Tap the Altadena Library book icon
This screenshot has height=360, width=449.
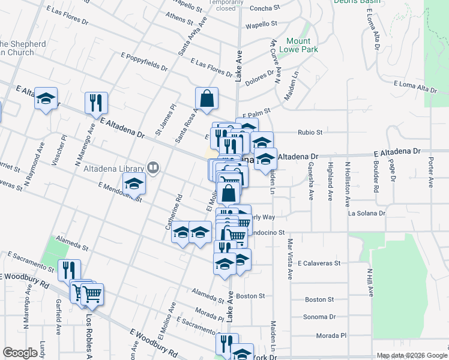[154, 169]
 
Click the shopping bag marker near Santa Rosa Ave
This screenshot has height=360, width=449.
[206, 100]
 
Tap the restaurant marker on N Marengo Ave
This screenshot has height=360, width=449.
[95, 103]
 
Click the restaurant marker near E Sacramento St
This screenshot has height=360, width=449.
[69, 270]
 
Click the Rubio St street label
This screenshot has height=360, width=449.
[310, 133]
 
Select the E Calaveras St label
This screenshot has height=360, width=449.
[318, 263]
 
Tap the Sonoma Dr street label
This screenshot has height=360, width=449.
[319, 316]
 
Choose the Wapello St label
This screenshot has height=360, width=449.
[261, 25]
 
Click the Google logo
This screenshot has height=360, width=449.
[20, 353]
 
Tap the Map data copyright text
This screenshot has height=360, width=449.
[411, 355]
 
